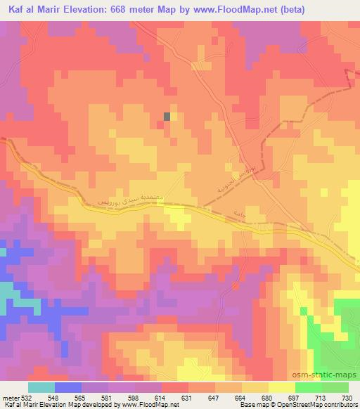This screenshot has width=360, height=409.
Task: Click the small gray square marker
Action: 167,117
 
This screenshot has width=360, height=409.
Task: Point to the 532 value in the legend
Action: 25,397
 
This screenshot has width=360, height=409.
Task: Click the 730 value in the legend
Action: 346,397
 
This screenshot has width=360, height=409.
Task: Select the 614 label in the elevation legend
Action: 148,397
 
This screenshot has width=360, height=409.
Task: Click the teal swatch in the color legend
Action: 41,387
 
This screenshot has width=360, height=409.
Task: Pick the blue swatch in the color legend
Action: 67,387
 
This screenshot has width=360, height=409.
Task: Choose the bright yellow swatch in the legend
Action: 282,387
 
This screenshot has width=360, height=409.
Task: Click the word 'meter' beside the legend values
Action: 10,397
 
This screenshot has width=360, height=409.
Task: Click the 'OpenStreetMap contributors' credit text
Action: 314,405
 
